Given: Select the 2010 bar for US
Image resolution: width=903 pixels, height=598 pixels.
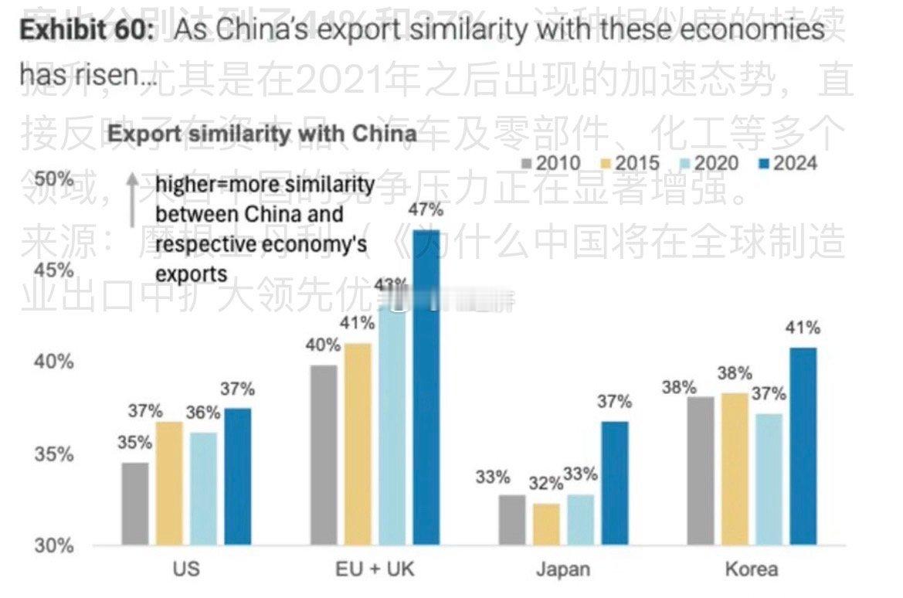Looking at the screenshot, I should [x=135, y=505].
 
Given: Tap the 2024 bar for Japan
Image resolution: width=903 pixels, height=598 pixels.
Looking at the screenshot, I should [x=615, y=484].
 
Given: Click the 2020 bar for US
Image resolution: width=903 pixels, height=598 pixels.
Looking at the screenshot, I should [x=204, y=489].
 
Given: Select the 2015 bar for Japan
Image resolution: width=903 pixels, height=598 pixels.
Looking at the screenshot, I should [x=546, y=525].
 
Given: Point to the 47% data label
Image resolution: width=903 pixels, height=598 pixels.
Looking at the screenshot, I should [x=426, y=210].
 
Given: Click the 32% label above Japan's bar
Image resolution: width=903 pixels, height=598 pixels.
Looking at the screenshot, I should [x=546, y=484].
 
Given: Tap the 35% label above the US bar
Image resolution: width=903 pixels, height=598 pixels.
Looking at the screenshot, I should [x=135, y=443].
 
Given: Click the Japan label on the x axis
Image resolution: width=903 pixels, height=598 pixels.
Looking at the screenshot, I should [x=563, y=570].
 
